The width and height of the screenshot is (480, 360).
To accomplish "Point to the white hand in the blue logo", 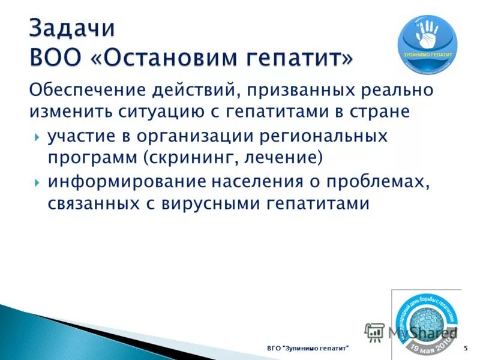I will coord(427,35).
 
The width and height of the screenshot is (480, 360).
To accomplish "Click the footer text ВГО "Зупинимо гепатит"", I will coord(308,349).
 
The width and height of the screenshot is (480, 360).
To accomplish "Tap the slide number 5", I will coord(466,349).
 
